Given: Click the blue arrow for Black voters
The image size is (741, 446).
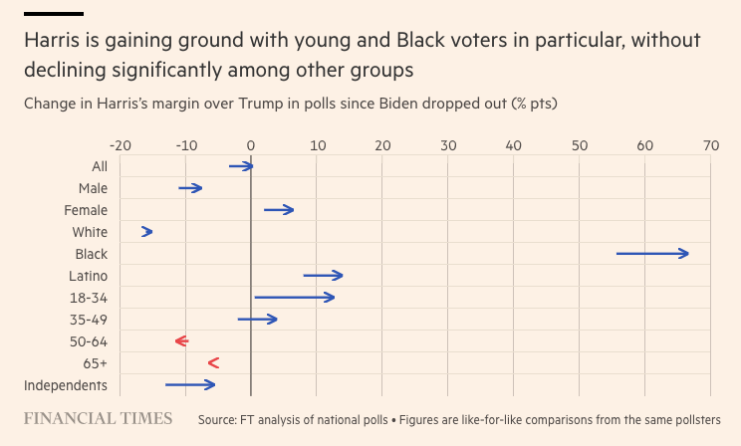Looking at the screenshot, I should pyautogui.click(x=652, y=254).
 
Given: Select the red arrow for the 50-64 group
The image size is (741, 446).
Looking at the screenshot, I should pyautogui.click(x=181, y=341).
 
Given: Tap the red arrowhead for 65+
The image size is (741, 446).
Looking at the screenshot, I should pyautogui.click(x=213, y=363).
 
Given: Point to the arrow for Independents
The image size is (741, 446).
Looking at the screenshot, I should pyautogui.click(x=190, y=385).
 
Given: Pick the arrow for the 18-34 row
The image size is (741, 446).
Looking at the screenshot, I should pyautogui.click(x=295, y=298).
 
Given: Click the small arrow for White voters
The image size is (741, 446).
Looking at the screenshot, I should pyautogui.click(x=147, y=232).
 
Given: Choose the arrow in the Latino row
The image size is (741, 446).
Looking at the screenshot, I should pyautogui.click(x=323, y=276).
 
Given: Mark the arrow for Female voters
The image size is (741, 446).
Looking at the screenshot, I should pyautogui.click(x=279, y=210).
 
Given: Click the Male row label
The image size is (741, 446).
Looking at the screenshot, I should pyautogui.click(x=93, y=188).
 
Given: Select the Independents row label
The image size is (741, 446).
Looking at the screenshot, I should pyautogui.click(x=66, y=385).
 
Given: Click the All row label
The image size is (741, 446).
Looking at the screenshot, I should pyautogui.click(x=100, y=166).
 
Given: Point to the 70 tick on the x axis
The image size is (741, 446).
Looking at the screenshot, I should pyautogui.click(x=710, y=145).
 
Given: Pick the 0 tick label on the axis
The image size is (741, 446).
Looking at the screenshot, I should pyautogui.click(x=251, y=145).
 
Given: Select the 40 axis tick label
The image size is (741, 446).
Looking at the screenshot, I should pyautogui.click(x=513, y=145).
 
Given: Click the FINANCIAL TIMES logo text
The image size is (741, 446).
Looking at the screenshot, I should pyautogui.click(x=98, y=418).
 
